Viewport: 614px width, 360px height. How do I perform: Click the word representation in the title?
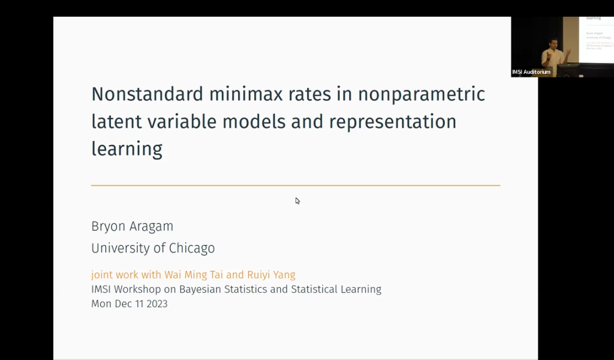[393, 121]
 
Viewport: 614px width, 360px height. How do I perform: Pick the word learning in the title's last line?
[127, 148]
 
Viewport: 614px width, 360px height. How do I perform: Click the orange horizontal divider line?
[296, 185]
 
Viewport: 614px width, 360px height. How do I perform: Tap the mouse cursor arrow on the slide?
[297, 200]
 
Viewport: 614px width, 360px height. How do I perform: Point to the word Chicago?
[190, 248]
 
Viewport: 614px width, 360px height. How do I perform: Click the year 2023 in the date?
[156, 304]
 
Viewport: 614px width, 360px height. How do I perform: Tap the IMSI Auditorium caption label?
[531, 72]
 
